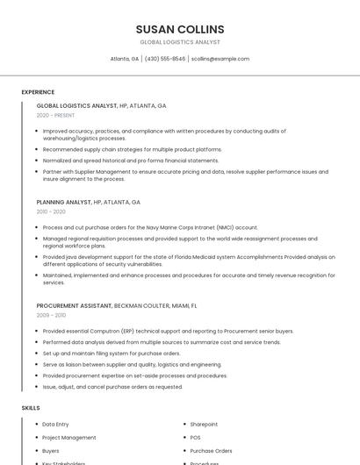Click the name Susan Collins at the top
[180, 29]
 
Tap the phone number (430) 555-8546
[165, 59]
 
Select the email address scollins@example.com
[220, 59]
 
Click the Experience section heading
[38, 92]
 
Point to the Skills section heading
[31, 408]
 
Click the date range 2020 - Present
[55, 115]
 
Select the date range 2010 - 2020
[51, 211]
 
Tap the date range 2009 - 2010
[51, 315]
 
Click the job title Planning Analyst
[64, 202]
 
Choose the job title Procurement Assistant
[75, 305]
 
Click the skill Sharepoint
[204, 425]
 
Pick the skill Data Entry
[55, 425]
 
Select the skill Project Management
[69, 438]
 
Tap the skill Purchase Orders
[211, 451]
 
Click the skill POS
[196, 438]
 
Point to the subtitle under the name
[180, 42]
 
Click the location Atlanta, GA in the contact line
[125, 59]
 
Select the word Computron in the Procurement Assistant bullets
[86, 332]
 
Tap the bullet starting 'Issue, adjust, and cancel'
[112, 387]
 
